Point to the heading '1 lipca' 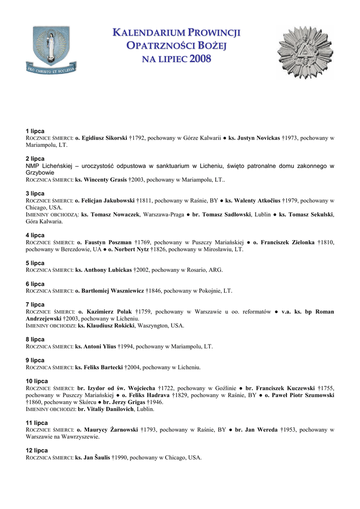pyautogui.click(x=35, y=131)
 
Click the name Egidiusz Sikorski pyautogui.click(x=104, y=138)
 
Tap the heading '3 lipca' pyautogui.click(x=35, y=193)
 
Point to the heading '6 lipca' pyautogui.click(x=35, y=284)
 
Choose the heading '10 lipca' pyautogui.click(x=37, y=381)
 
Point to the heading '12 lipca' pyautogui.click(x=37, y=450)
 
